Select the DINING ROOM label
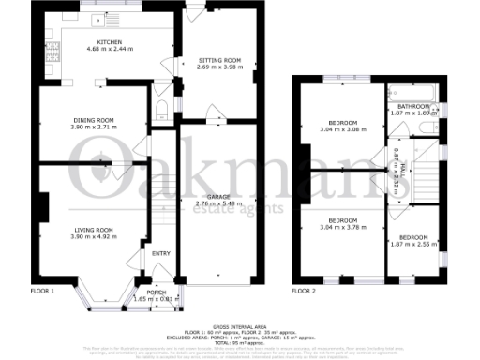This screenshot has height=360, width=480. tap(93, 119)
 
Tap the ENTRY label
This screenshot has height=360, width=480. tap(161, 253)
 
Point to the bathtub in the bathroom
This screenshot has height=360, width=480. tap(411, 93)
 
